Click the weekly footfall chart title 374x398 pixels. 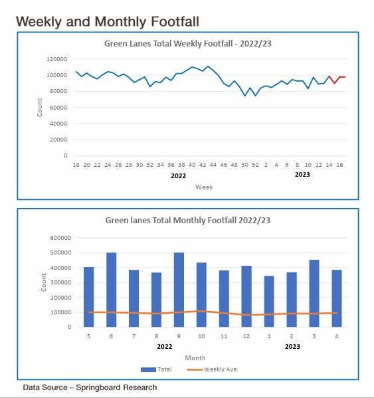[x=187, y=45]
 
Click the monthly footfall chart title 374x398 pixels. [x=187, y=220]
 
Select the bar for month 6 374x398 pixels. [x=112, y=290]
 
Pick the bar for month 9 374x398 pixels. [x=179, y=290]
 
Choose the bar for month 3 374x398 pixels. [x=314, y=293]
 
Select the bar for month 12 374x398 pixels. [x=246, y=296]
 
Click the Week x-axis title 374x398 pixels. [x=204, y=187]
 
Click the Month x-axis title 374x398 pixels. [x=195, y=357]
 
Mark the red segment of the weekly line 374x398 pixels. [x=337, y=79]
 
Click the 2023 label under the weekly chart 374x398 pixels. [x=302, y=175]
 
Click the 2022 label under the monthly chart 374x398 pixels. [x=165, y=346]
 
